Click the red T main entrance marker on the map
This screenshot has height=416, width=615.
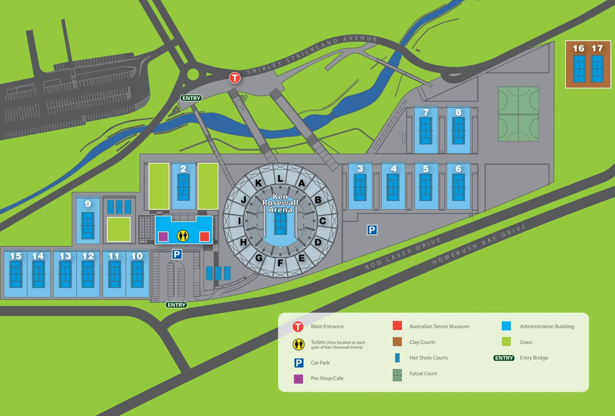[x=235, y=78]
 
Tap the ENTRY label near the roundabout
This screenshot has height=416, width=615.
[x=191, y=98]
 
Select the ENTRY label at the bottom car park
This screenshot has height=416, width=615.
[x=176, y=305]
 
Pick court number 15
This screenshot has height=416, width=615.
[x=16, y=274]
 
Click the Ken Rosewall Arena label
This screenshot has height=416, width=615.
[x=280, y=203]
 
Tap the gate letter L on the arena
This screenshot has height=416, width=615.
[x=280, y=178]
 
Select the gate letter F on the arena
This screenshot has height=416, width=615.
[x=280, y=263]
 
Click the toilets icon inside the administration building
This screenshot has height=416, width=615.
[x=183, y=236]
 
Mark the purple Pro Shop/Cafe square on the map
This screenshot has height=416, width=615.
[x=163, y=237]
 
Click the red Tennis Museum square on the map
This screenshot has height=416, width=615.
[x=205, y=237]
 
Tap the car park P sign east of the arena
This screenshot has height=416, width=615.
[x=372, y=230]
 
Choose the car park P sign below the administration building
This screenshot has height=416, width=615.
[x=177, y=254]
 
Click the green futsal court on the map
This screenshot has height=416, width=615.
[x=518, y=114]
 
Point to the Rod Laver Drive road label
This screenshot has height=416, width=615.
[x=403, y=253]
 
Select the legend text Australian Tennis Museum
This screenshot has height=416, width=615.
[x=439, y=326]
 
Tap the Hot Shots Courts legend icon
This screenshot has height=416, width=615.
[x=397, y=358]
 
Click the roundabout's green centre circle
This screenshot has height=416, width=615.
[x=193, y=74]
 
